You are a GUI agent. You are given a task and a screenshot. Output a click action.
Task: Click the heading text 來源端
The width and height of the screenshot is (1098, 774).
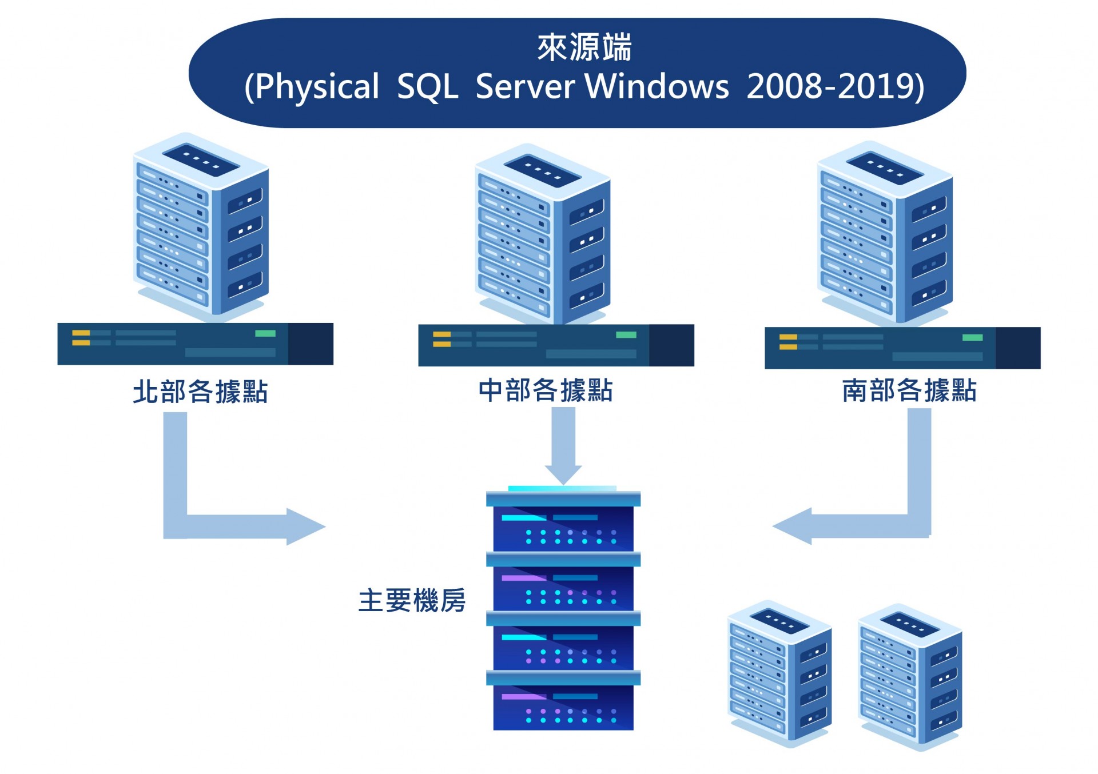pos(584,47)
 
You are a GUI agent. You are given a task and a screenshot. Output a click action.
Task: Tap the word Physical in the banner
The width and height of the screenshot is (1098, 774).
pos(316,87)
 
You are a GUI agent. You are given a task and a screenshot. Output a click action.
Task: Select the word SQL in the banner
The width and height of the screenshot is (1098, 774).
pos(427,87)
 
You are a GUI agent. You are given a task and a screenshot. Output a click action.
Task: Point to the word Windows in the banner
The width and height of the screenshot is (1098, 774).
pos(657,87)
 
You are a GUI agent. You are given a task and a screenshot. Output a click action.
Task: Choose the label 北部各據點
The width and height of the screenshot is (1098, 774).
pos(200,392)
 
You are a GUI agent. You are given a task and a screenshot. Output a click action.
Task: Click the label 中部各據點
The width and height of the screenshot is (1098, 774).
pos(546,390)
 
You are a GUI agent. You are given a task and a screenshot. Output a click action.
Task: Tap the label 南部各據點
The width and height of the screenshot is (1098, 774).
pos(909,390)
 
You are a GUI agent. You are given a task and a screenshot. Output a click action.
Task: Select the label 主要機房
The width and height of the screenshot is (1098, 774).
pos(412,601)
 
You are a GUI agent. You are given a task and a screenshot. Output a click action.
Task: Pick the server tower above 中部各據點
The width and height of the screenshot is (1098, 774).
pos(542,234)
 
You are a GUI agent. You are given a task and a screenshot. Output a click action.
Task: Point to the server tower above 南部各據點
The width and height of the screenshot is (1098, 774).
pos(884,232)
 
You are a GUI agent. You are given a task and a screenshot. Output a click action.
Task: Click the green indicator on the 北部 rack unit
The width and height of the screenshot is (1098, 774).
pos(265,333)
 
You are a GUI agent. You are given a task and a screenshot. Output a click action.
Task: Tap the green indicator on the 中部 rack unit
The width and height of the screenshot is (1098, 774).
pos(626,335)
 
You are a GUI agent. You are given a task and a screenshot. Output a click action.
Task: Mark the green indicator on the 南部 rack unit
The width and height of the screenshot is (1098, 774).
pos(972,337)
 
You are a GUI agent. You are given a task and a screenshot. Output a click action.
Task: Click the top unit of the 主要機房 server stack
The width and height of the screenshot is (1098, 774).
pos(563,526)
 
